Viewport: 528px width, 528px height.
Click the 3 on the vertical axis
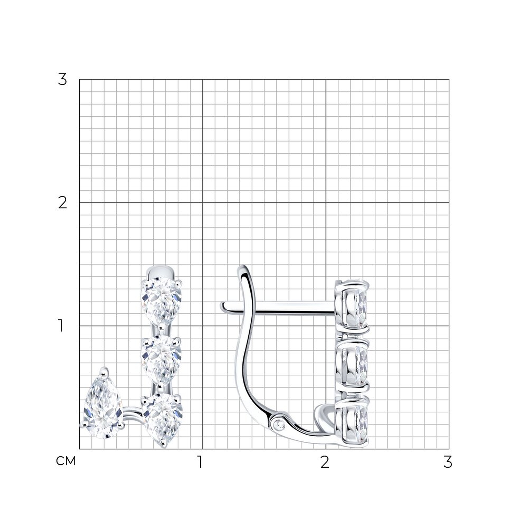tap(62, 79)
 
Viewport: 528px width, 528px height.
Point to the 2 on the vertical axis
tap(63, 203)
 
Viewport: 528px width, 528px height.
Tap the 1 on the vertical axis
tap(61, 326)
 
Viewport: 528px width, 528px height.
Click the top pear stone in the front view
tap(162, 301)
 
